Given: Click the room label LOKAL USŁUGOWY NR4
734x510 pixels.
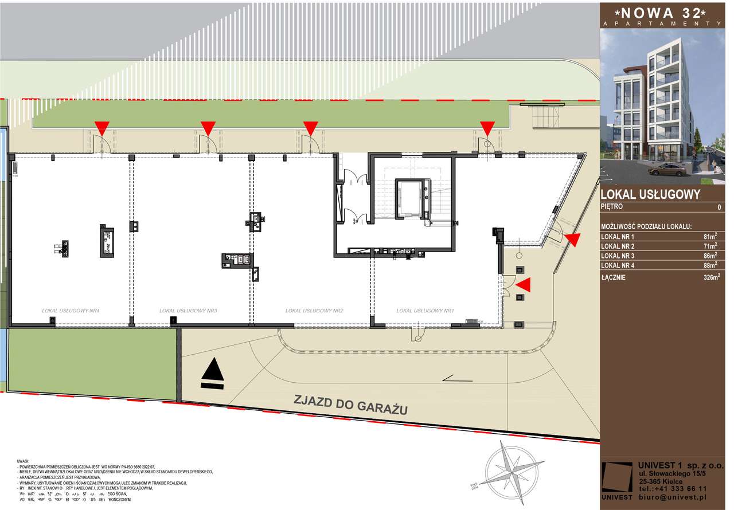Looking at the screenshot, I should click(x=71, y=311).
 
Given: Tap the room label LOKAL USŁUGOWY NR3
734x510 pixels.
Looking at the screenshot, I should click(x=188, y=311).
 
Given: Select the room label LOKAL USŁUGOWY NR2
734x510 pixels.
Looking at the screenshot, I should click(x=314, y=311).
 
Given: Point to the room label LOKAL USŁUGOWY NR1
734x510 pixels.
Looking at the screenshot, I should click(x=425, y=311).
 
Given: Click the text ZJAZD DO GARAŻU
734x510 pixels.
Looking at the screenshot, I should click(x=350, y=405).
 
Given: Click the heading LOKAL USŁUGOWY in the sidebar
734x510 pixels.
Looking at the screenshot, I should click(x=650, y=195).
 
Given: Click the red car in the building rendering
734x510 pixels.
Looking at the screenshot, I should click(x=668, y=169).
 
